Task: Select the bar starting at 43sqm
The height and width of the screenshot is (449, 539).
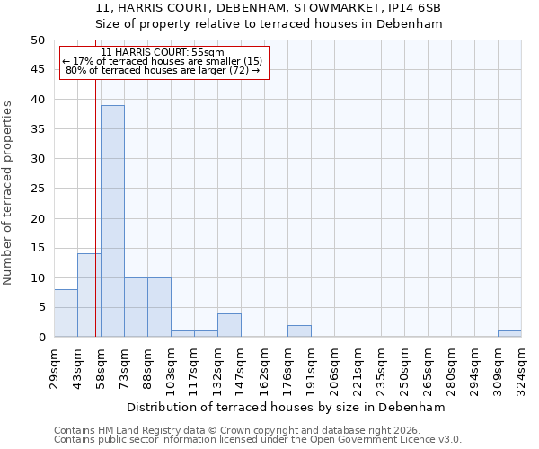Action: click(x=89, y=295)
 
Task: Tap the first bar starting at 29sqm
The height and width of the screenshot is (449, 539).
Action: click(x=66, y=313)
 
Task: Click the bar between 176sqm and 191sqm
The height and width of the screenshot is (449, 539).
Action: click(x=299, y=331)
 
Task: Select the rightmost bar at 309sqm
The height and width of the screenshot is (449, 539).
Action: click(x=509, y=334)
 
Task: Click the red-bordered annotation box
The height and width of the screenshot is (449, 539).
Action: click(x=164, y=62)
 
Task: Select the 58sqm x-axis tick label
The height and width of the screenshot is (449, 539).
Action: click(x=101, y=365)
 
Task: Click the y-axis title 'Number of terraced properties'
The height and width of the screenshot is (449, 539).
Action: click(x=8, y=192)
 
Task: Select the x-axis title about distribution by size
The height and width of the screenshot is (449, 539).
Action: click(x=287, y=407)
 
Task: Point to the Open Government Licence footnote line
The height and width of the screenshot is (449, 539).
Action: click(x=257, y=440)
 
